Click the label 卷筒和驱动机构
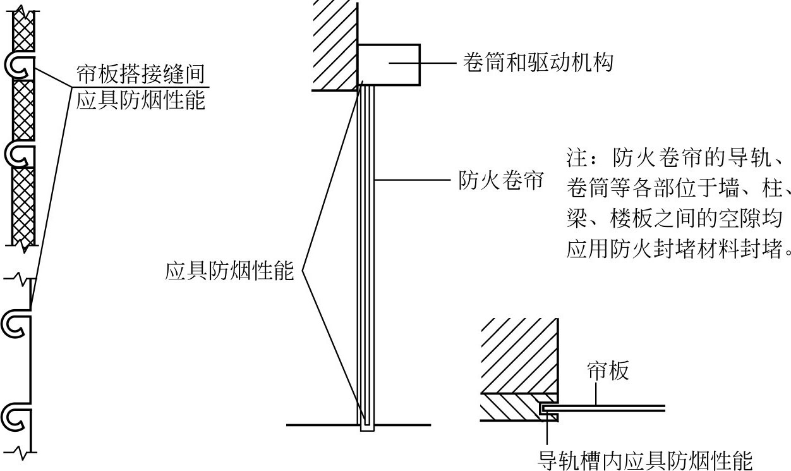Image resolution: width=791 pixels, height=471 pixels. pyautogui.click(x=538, y=63)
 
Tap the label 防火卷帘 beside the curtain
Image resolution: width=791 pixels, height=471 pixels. pyautogui.click(x=501, y=180)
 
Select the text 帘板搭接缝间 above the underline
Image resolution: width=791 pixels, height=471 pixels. pyautogui.click(x=141, y=74)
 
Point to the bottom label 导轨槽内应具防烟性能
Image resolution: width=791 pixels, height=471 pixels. pyautogui.click(x=644, y=460)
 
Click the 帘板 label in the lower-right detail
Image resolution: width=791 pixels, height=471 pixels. pyautogui.click(x=608, y=370)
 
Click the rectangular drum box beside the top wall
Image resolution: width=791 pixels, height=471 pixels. pyautogui.click(x=389, y=64)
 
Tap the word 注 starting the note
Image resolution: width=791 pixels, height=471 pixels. pyautogui.click(x=577, y=157)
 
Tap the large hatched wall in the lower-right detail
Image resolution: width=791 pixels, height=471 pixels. pyautogui.click(x=519, y=355)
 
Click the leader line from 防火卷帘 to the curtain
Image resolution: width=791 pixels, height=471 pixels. pyautogui.click(x=412, y=180)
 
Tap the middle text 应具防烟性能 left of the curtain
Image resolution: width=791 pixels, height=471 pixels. pyautogui.click(x=229, y=271)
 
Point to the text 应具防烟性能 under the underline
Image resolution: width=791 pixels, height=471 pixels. pyautogui.click(x=141, y=100)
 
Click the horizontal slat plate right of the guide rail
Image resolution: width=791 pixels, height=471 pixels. pyautogui.click(x=605, y=408)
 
